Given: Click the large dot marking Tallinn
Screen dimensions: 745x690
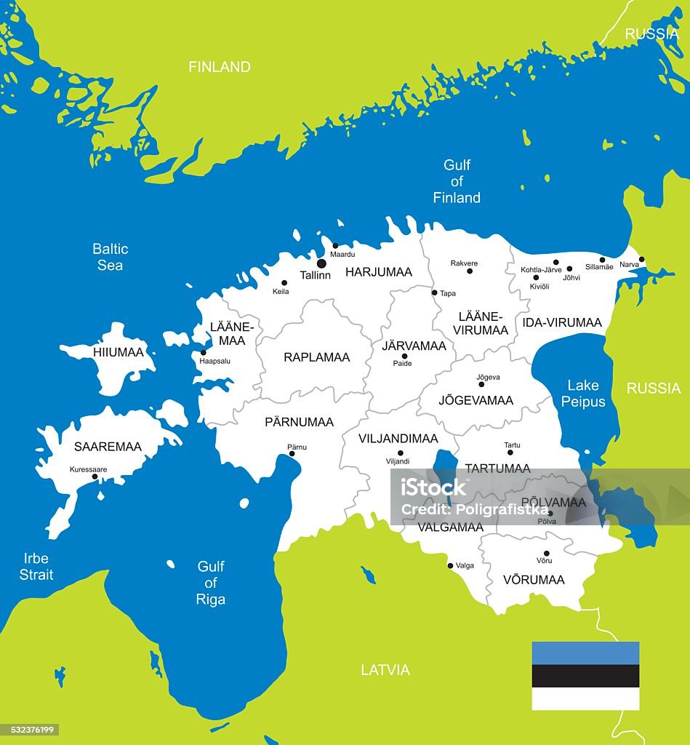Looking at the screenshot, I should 321,263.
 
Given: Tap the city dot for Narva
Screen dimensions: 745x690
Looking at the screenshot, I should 641,259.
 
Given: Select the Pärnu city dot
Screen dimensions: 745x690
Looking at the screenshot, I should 292,453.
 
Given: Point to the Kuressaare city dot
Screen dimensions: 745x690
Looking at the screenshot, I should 95,477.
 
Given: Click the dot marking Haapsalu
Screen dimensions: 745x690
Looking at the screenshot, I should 203,353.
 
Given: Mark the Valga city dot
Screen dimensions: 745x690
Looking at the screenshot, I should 450,565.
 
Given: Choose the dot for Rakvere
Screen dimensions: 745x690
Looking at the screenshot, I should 470,271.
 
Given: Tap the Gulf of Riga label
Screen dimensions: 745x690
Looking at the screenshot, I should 211,582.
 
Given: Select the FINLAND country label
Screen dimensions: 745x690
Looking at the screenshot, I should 220,67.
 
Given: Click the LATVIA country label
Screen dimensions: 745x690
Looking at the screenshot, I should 385,670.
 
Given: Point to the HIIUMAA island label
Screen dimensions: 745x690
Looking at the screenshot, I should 119,352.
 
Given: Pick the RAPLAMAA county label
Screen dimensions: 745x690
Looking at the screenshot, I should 316,357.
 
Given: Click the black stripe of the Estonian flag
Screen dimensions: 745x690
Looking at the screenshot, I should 585,676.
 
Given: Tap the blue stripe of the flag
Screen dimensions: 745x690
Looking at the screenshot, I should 585,653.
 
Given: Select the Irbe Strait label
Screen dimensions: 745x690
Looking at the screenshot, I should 36,566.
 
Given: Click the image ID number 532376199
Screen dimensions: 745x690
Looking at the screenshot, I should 31,730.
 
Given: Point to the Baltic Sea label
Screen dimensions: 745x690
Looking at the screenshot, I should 111,257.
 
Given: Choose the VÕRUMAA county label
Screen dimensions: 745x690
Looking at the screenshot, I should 534,580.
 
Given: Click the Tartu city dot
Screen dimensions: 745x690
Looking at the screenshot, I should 510,453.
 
